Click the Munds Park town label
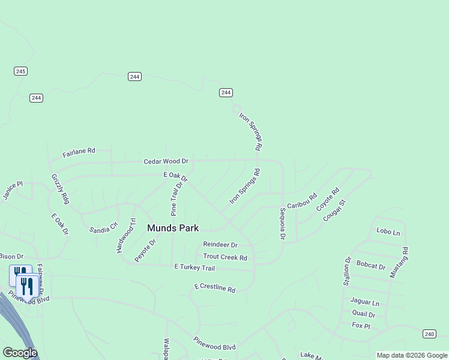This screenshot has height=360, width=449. (x=173, y=228)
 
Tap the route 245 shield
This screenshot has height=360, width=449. (x=21, y=71)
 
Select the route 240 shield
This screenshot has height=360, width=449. (x=429, y=334)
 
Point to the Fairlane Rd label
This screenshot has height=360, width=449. (x=79, y=153)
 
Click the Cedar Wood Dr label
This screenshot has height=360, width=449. (x=166, y=161)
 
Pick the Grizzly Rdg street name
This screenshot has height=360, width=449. (x=61, y=189)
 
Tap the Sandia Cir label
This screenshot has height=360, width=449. (x=103, y=229)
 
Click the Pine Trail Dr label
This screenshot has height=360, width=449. (x=174, y=200)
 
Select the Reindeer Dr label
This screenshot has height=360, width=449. (x=220, y=245)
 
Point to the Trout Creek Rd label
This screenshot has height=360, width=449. (x=225, y=257)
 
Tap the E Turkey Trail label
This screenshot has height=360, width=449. (x=194, y=267)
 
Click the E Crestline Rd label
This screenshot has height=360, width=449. (x=215, y=288)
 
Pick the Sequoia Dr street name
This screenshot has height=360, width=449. (x=283, y=224)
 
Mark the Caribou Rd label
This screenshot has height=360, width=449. (x=301, y=201)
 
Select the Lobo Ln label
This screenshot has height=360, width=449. (x=388, y=231)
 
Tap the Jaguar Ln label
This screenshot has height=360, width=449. (x=366, y=303)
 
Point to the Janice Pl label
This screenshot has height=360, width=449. (x=12, y=191)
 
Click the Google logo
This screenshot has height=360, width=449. (x=20, y=353)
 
